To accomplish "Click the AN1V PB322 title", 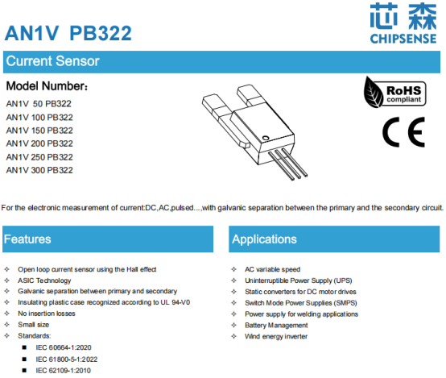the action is pyautogui.click(x=68, y=33).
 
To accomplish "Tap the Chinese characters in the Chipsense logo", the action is pyautogui.click(x=403, y=16).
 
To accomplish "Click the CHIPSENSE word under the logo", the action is pyautogui.click(x=403, y=39).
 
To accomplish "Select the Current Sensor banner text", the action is pyautogui.click(x=53, y=61).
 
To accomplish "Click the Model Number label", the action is pyautogui.click(x=47, y=86).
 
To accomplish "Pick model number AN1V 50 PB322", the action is pyautogui.click(x=39, y=104).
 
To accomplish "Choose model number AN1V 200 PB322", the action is pyautogui.click(x=39, y=143).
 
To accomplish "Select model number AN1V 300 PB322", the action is pyautogui.click(x=39, y=170).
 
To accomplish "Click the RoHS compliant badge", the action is pyautogui.click(x=394, y=93).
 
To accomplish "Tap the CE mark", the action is pyautogui.click(x=403, y=132).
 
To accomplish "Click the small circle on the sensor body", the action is pyautogui.click(x=266, y=138).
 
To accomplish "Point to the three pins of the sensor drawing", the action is pyautogui.click(x=287, y=164).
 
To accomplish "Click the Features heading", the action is pyautogui.click(x=27, y=239).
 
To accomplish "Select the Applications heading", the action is pyautogui.click(x=264, y=239).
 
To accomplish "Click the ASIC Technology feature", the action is pyautogui.click(x=44, y=280).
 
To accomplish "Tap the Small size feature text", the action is pyautogui.click(x=34, y=325).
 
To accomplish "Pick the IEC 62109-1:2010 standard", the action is pyautogui.click(x=63, y=371).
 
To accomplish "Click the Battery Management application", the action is pyautogui.click(x=276, y=326).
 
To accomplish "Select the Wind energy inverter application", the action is pyautogui.click(x=276, y=336).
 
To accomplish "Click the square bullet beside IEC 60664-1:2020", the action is pyautogui.click(x=24, y=347).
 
